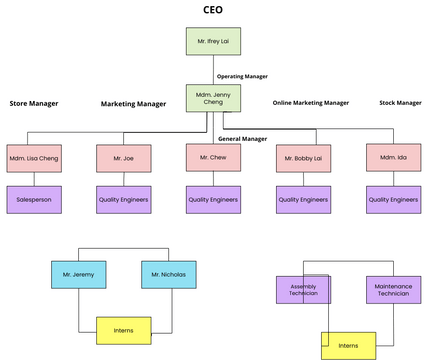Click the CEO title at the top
point(212,11)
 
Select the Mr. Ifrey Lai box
point(213,41)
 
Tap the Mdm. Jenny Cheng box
point(213,98)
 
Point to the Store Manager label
point(34,103)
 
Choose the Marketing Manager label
point(133,104)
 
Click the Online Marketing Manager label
point(311,102)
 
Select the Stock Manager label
point(401,102)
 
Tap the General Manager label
point(242,138)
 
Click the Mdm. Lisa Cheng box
point(34,159)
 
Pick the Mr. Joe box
point(123,159)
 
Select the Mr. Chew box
point(213,158)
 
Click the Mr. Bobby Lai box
point(303,159)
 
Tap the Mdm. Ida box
point(393,158)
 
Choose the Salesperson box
point(34,199)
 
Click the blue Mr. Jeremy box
point(79,274)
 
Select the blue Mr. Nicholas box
point(168,274)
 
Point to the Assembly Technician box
point(303,290)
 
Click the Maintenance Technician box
point(393,290)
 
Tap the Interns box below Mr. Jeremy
point(123,329)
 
